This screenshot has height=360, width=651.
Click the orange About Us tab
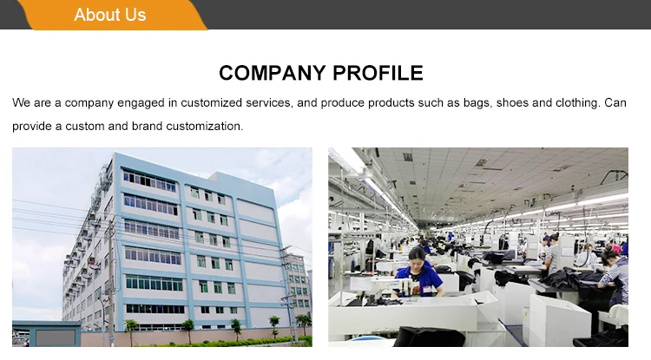click(x=111, y=15)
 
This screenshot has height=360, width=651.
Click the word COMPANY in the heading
click(x=272, y=73)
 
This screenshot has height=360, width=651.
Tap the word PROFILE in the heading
click(x=378, y=73)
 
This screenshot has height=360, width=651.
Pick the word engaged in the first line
click(x=141, y=103)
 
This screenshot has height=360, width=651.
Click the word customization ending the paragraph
click(x=205, y=126)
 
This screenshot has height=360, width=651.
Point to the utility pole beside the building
click(x=111, y=282)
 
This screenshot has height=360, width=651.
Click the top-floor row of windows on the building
click(x=149, y=181)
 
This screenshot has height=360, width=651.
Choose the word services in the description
click(x=269, y=103)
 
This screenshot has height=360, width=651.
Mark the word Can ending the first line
click(x=615, y=102)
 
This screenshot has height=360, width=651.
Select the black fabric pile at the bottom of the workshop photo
click(x=429, y=337)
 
